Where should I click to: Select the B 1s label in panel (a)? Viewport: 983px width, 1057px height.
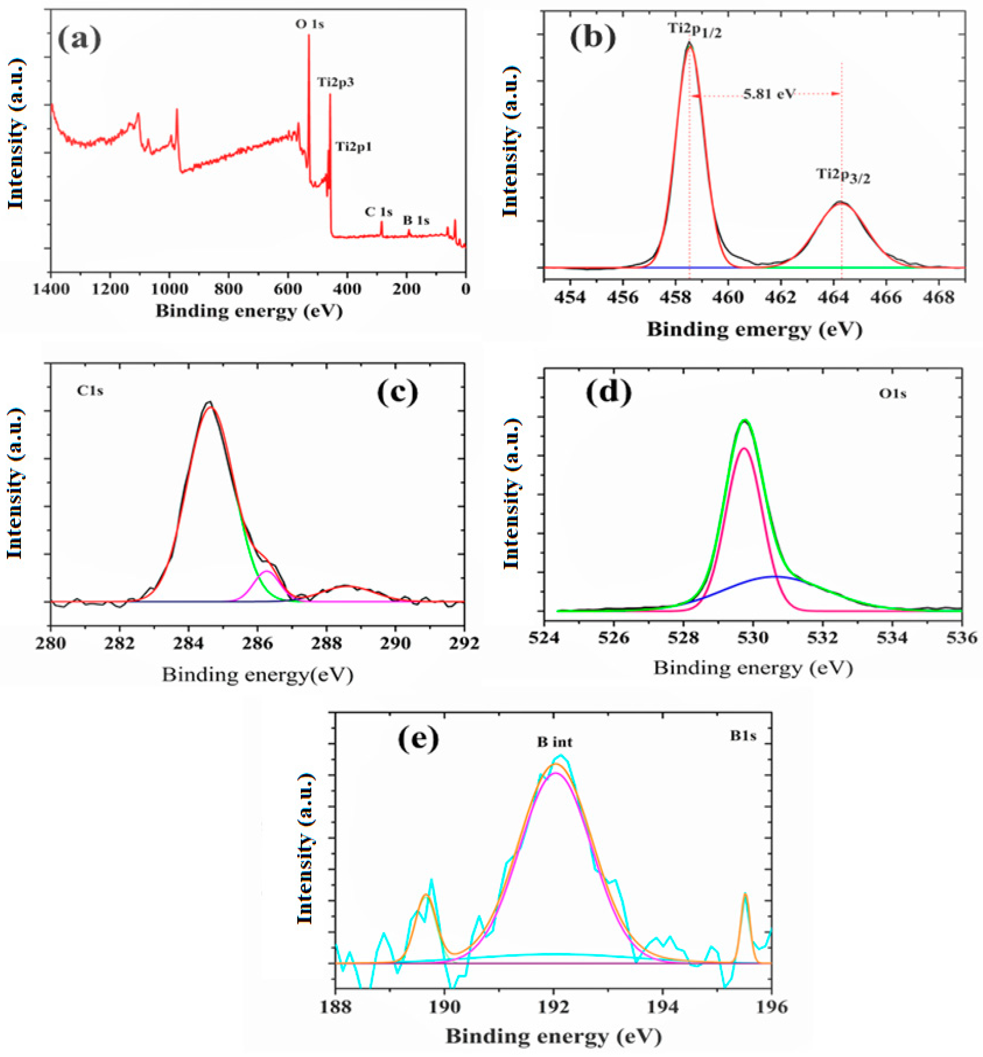tap(416, 219)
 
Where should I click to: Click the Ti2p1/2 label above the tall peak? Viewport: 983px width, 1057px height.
tap(695, 30)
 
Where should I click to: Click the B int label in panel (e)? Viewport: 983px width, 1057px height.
tap(554, 742)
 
